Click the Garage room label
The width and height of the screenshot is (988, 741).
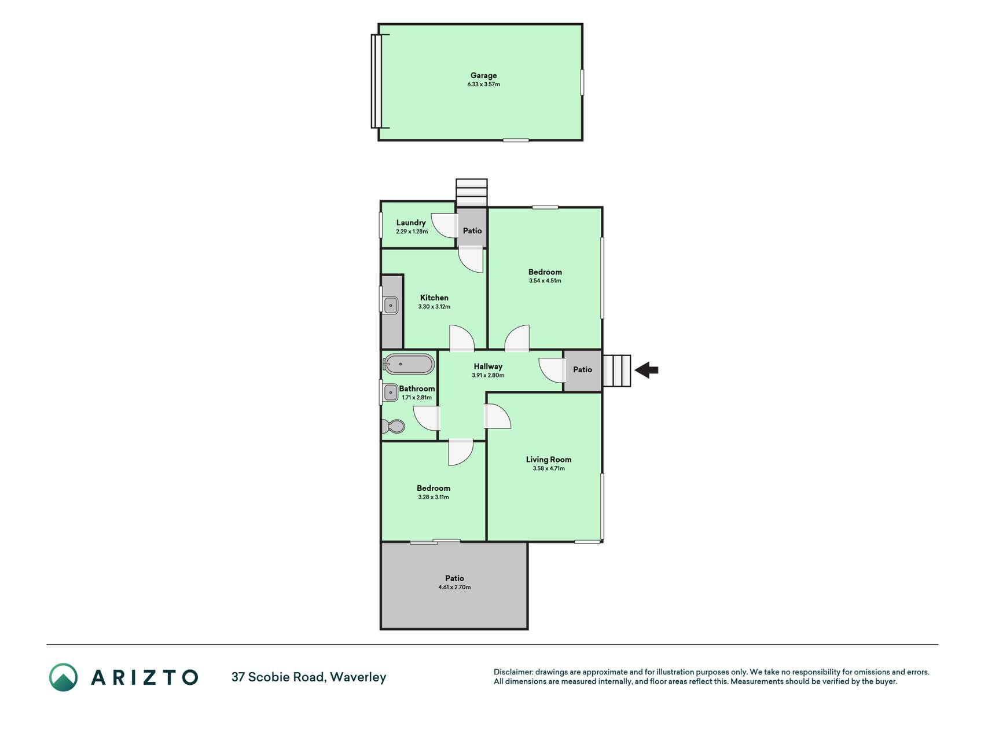coord(483,75)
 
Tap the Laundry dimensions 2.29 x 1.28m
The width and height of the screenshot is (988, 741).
coord(412,232)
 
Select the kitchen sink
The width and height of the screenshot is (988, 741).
coord(391,305)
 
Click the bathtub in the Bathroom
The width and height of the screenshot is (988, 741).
coord(409,364)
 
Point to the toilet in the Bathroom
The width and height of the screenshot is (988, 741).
coord(394,427)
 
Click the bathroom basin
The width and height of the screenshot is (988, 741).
coord(390,393)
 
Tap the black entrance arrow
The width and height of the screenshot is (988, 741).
coord(647,370)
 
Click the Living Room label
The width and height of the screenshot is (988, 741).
coord(549,460)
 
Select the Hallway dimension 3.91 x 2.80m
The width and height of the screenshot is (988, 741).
coord(488,375)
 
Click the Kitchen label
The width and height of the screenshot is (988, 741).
coord(434,298)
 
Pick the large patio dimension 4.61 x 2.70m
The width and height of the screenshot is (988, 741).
coord(454,587)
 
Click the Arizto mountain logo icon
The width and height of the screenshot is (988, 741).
coord(63,677)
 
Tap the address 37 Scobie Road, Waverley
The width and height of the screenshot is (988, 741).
coord(308,677)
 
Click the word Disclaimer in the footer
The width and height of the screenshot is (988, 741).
coord(513,672)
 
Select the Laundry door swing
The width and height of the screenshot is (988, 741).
coord(445,226)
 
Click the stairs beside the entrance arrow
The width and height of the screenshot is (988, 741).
coord(616,370)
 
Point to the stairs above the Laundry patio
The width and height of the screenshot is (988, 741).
coord(472,193)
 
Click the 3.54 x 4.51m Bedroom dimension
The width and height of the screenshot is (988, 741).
coord(545,281)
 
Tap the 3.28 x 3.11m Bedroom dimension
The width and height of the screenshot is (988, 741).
coord(434,497)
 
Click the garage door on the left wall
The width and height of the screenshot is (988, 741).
coord(377,81)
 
